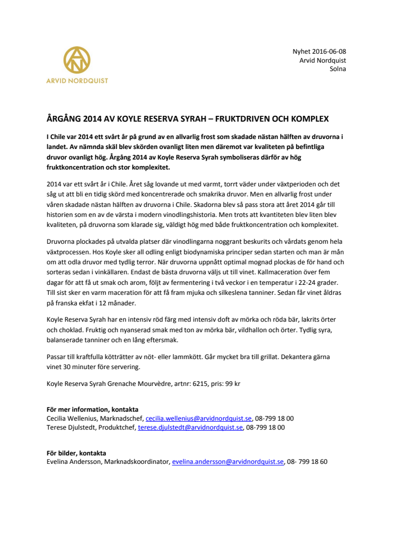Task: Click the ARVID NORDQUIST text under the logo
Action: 77,81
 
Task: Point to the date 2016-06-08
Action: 328,52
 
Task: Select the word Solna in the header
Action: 338,69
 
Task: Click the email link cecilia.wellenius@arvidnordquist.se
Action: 199,419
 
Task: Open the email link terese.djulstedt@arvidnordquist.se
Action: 190,428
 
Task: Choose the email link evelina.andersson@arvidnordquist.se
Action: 228,462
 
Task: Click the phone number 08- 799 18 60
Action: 308,462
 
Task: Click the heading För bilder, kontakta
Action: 76,453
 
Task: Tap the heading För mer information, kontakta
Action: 92,410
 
